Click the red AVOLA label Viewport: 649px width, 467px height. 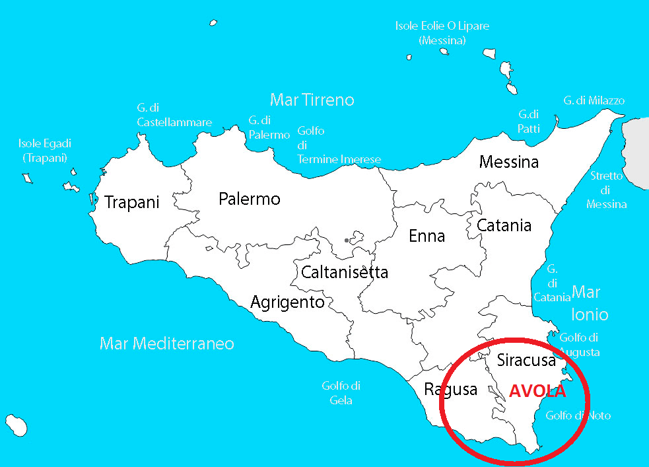(x=537, y=390)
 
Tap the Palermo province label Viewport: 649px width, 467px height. (x=250, y=199)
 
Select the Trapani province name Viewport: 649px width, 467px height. (x=132, y=203)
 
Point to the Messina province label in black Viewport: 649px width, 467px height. (x=509, y=162)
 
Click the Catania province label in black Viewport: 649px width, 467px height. (x=504, y=225)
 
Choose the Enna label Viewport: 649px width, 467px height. (x=427, y=236)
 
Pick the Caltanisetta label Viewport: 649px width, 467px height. (x=344, y=272)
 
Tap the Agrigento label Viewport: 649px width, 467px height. (x=287, y=303)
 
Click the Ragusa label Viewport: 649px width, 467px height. (x=451, y=389)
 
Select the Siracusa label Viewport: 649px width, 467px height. (x=526, y=361)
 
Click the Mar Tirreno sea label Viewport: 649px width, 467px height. (x=312, y=100)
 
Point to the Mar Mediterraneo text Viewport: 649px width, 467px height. (x=167, y=343)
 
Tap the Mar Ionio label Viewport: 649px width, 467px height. (x=586, y=303)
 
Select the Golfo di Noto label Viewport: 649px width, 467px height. (x=578, y=415)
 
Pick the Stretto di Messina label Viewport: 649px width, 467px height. (x=607, y=190)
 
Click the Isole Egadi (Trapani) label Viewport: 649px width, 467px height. (x=45, y=151)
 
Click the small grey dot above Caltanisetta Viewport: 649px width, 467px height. (x=347, y=240)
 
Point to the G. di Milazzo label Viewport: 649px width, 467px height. (x=594, y=100)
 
